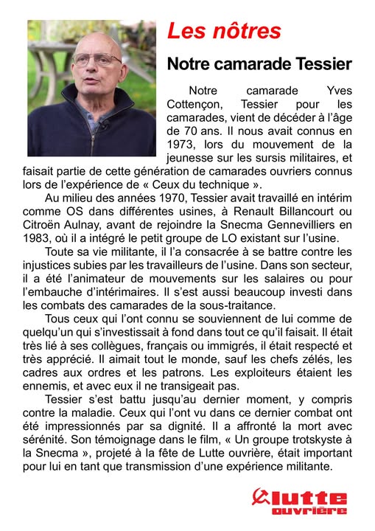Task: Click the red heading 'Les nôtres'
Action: click(225, 31)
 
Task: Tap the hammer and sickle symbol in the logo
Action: click(261, 498)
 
